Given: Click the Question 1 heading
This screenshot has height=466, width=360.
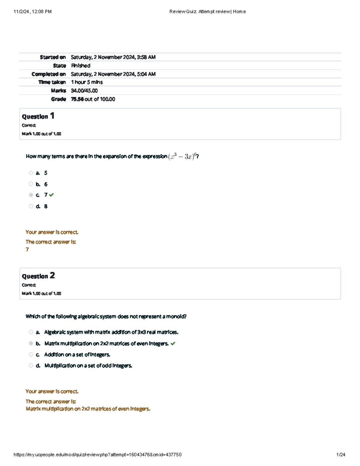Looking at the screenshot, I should point(38,116).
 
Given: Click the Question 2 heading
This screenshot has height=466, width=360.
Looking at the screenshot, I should point(38,276).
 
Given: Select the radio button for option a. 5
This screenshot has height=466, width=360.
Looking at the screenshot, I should point(31,173).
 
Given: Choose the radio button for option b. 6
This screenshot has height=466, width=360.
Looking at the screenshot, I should point(31,184).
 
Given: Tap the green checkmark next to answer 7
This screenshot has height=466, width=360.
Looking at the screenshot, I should point(52,195).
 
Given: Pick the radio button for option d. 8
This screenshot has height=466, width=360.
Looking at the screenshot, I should point(31,206).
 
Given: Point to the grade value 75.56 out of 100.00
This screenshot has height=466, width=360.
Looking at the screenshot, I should point(93,99).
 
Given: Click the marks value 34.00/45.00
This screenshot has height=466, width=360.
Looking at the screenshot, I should point(84,91).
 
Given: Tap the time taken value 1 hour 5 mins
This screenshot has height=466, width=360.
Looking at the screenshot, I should point(87,82).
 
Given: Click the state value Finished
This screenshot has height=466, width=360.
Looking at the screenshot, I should point(81,66).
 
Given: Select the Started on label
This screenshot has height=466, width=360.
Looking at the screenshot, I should point(53,57).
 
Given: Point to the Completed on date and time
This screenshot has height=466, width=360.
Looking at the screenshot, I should point(113,74).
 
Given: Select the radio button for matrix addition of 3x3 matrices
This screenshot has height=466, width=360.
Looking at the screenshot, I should point(31,332).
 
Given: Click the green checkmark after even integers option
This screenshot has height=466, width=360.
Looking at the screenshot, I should point(173,344).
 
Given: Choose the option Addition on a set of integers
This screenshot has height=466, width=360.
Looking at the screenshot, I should point(77,355).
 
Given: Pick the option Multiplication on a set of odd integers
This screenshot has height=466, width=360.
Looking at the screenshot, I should point(88,366).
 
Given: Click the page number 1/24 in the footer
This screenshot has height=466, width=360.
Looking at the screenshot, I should point(341,455).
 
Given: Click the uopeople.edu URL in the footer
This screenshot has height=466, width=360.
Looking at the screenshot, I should point(97,455).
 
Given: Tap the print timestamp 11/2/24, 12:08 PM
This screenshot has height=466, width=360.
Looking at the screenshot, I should point(33,12).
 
